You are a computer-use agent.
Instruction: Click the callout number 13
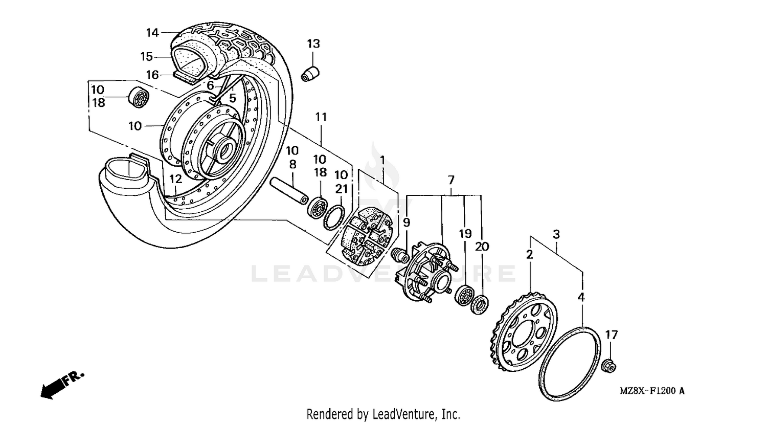click(313, 44)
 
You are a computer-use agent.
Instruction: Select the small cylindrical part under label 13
click(310, 73)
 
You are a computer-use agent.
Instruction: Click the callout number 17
click(612, 336)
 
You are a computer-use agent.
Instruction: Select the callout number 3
click(556, 235)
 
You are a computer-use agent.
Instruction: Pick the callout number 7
click(451, 180)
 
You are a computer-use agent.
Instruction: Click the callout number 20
click(482, 247)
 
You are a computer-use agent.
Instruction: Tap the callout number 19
click(465, 234)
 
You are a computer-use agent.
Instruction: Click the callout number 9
click(407, 222)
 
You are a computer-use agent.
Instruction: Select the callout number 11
click(321, 117)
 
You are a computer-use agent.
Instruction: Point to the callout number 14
click(152, 33)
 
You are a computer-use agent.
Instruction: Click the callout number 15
click(147, 57)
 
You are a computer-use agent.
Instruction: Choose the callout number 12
click(175, 180)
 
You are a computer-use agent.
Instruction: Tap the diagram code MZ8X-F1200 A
click(652, 391)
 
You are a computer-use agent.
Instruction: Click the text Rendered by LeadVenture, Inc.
click(383, 413)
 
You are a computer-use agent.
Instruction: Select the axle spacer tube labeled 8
click(289, 191)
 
